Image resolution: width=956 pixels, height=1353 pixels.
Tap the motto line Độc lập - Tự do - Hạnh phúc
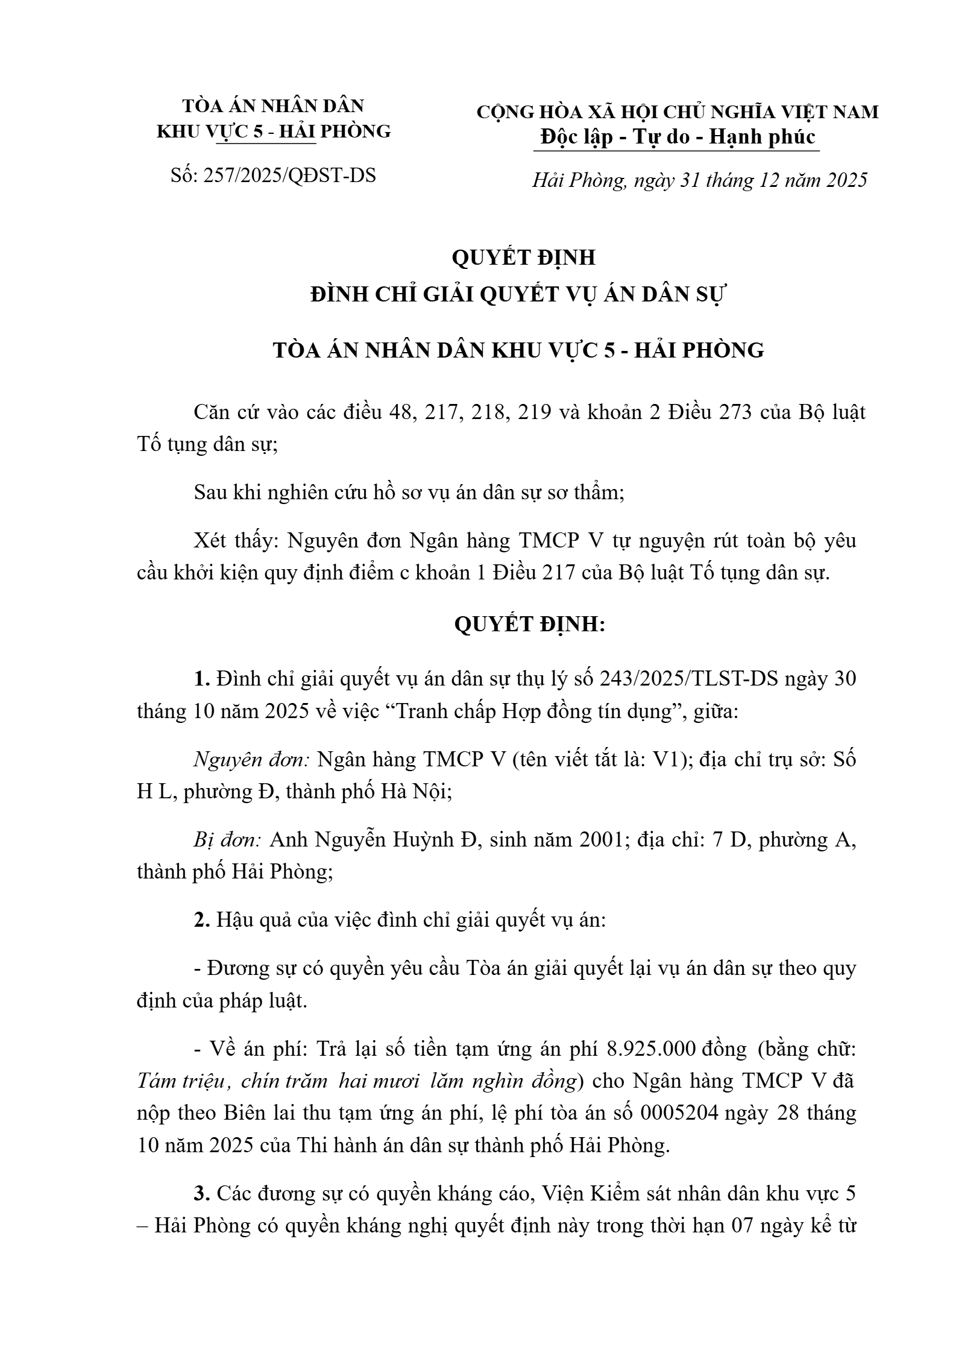tap(678, 137)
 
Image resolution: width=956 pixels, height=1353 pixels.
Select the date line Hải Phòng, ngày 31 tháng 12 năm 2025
tap(699, 180)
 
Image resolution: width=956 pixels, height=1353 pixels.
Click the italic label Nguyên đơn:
tap(251, 760)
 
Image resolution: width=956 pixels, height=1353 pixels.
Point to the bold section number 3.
tap(201, 1193)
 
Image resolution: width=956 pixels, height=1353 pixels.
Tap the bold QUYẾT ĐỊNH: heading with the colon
tap(529, 625)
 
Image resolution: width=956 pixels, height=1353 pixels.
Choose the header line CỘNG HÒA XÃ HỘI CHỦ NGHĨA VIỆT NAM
tap(678, 112)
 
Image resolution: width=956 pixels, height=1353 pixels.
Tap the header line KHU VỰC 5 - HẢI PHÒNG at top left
tap(274, 131)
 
